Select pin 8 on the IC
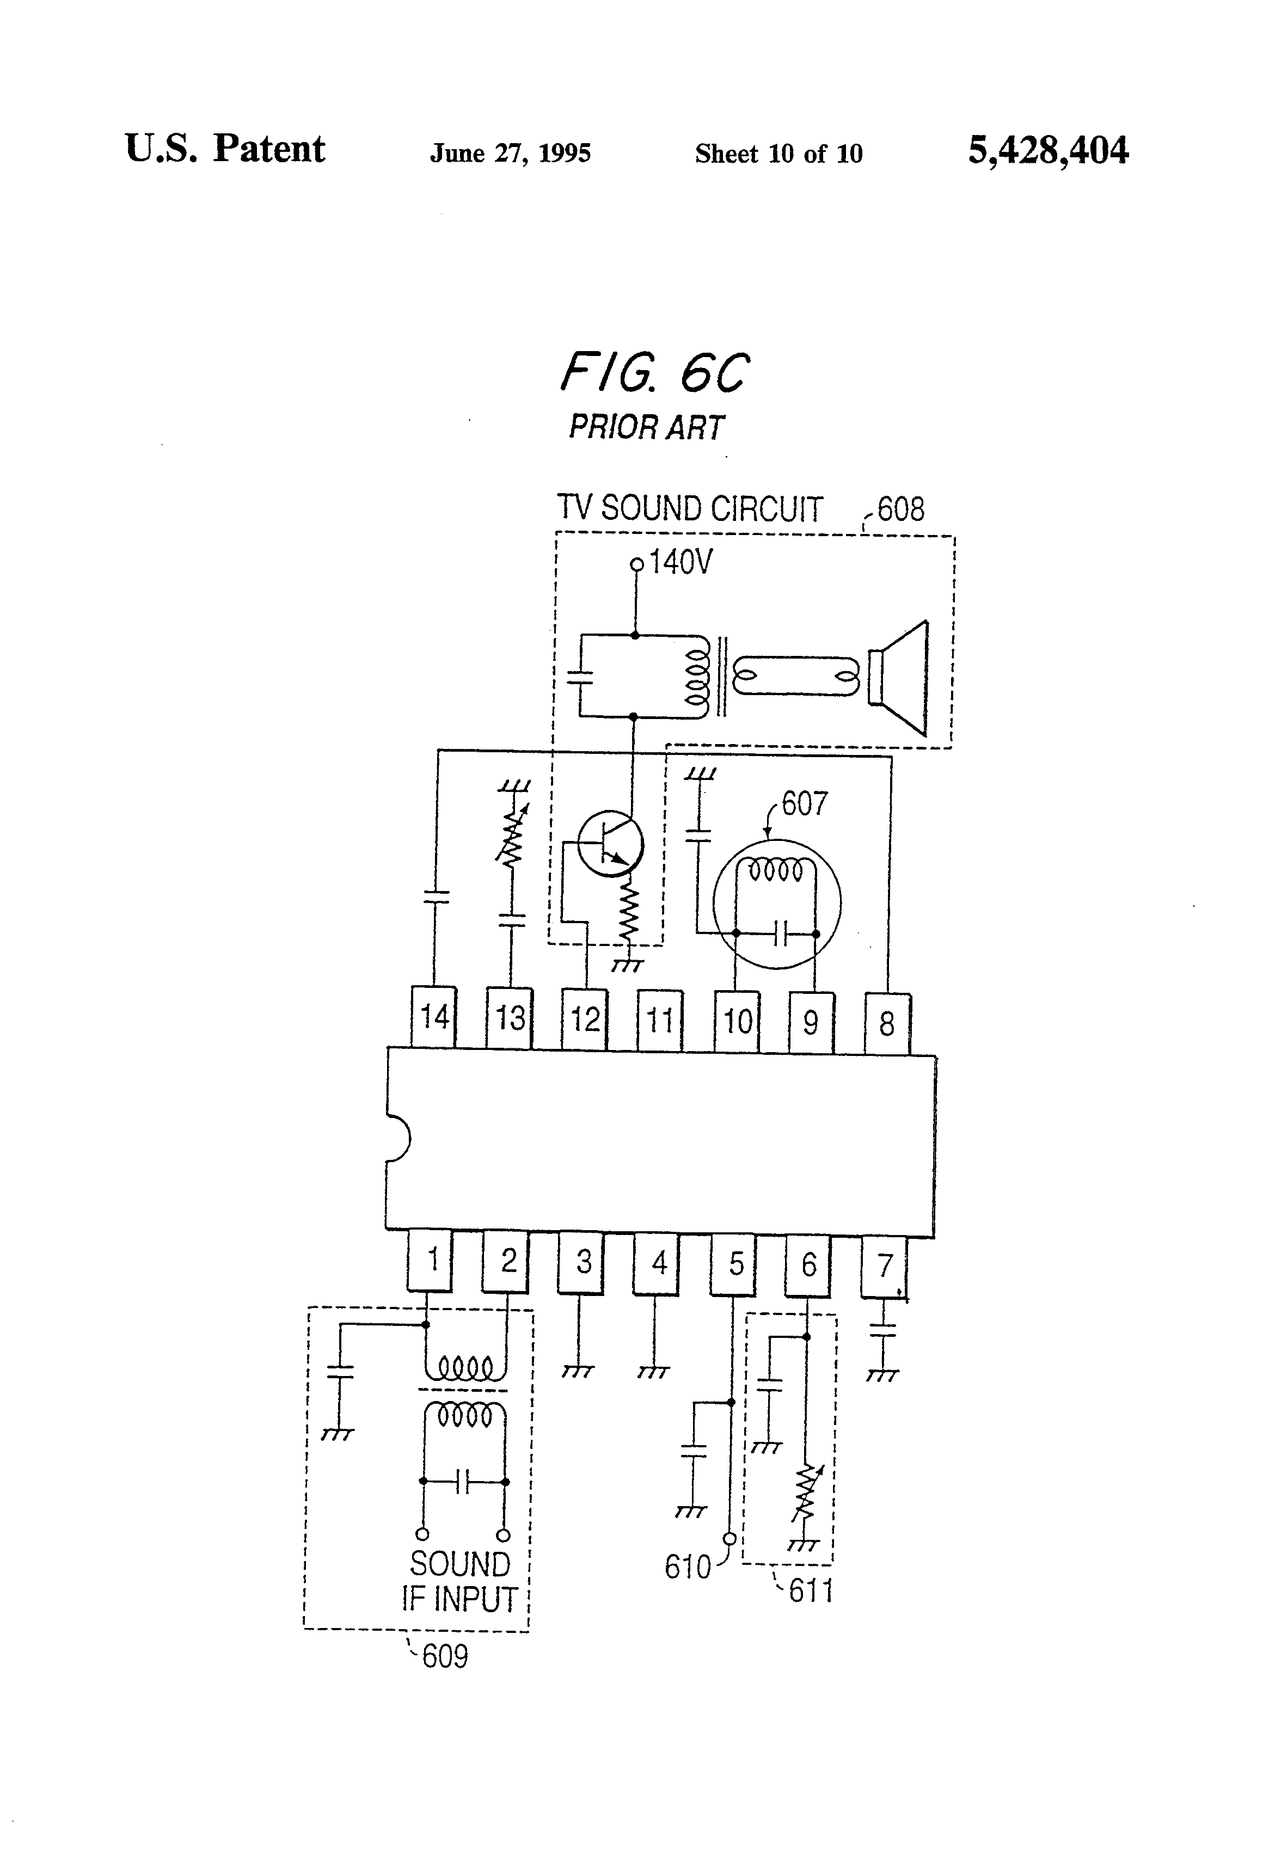(887, 1023)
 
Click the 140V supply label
(680, 563)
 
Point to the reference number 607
(804, 803)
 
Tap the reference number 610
(688, 1567)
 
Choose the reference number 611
(810, 1591)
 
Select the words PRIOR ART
(646, 428)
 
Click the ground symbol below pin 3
(578, 1371)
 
